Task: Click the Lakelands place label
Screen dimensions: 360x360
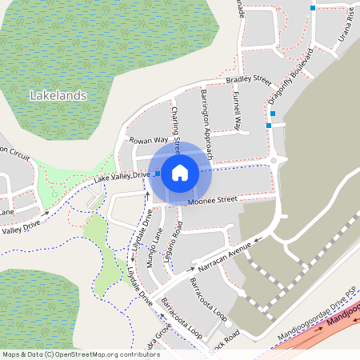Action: [x=58, y=95]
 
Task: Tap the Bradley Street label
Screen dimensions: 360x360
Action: [x=249, y=80]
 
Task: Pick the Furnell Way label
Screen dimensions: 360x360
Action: [x=237, y=110]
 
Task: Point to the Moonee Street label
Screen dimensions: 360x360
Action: [x=213, y=201]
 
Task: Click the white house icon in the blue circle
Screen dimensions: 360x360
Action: [x=180, y=172]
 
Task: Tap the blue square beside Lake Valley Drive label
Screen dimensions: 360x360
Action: [x=157, y=174]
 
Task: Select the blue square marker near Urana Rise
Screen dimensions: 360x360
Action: [x=312, y=8]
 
